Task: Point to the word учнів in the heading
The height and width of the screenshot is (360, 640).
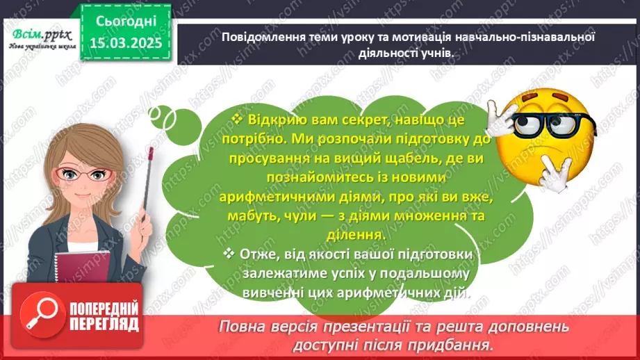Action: coord(441,52)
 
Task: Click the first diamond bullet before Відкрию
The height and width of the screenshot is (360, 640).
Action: coord(236,120)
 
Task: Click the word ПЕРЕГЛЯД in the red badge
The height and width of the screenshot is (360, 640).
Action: coord(103,323)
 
